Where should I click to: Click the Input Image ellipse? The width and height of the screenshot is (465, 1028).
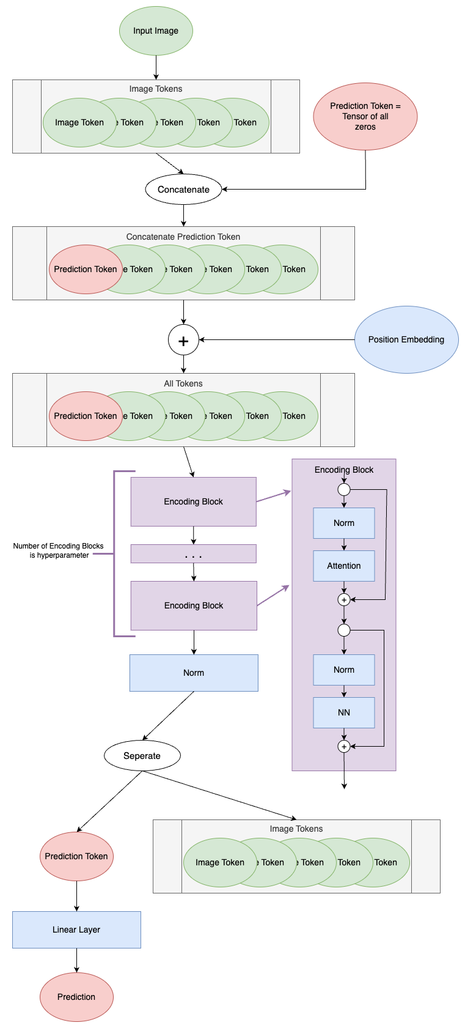click(156, 31)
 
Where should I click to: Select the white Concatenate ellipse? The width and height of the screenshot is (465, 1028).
click(183, 190)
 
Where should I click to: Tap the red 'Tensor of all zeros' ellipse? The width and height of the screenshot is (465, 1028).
click(365, 116)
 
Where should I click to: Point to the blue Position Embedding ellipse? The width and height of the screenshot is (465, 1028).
click(406, 339)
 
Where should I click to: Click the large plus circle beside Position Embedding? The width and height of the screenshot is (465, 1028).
click(183, 340)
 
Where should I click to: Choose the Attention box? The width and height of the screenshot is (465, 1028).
click(343, 566)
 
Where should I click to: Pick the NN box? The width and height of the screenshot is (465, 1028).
click(343, 712)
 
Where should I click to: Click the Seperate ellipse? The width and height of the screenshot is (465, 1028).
click(142, 756)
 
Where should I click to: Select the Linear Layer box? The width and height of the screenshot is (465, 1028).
click(76, 930)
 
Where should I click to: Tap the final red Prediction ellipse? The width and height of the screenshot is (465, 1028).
click(76, 997)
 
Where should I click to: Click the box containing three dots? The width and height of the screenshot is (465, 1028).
click(193, 554)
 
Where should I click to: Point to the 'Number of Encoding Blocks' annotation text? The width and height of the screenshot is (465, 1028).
click(59, 550)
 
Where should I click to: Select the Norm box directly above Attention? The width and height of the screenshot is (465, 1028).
click(343, 523)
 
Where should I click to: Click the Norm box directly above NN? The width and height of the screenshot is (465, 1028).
click(343, 670)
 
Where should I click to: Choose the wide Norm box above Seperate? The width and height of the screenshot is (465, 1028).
click(193, 673)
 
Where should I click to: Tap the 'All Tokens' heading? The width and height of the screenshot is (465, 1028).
click(183, 383)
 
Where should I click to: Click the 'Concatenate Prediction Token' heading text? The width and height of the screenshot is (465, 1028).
click(183, 237)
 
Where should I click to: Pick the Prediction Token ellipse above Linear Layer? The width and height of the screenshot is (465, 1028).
click(76, 856)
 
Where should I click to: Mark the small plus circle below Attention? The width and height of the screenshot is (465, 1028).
click(344, 600)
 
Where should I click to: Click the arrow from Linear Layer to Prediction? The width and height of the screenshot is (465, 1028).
click(76, 960)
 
